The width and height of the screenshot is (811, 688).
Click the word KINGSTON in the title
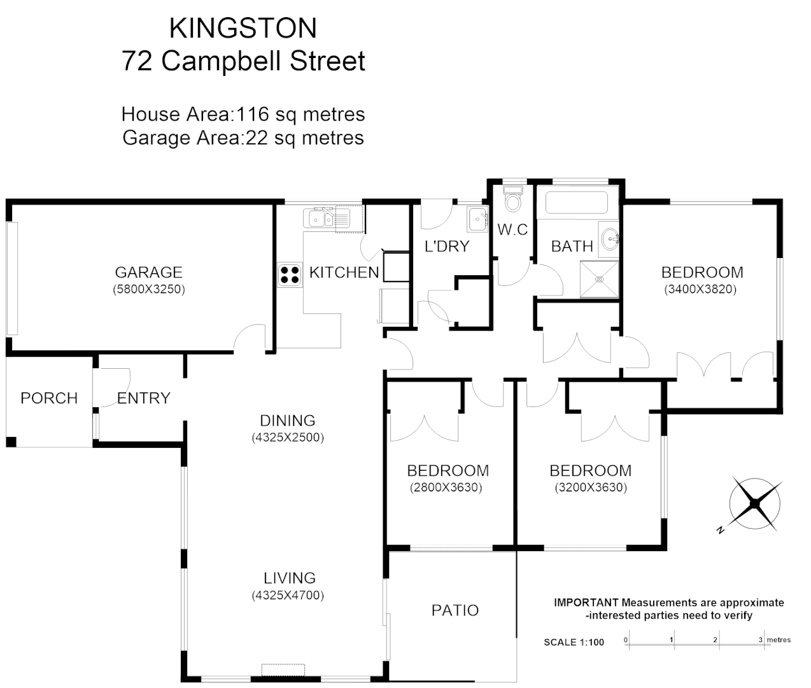[x=243, y=29]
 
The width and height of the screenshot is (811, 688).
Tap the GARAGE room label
[x=148, y=273]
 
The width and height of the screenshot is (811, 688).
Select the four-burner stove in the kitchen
[x=289, y=274]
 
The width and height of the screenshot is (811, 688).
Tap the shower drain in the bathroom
[x=598, y=279]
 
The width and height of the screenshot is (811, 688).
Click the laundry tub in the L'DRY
[x=477, y=220]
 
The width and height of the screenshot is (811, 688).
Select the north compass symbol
[x=755, y=503]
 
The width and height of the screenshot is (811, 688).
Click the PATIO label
[x=455, y=610]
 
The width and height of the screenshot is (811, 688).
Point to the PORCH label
[x=49, y=398]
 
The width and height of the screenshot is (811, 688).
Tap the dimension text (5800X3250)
[x=148, y=289]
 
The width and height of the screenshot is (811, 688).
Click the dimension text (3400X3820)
[x=700, y=289]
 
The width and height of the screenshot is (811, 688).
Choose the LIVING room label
[x=290, y=578]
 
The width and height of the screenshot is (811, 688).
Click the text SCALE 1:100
[x=574, y=642]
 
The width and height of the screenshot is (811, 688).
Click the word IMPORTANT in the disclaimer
[x=586, y=603]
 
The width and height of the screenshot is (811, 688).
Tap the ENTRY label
[x=144, y=398]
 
